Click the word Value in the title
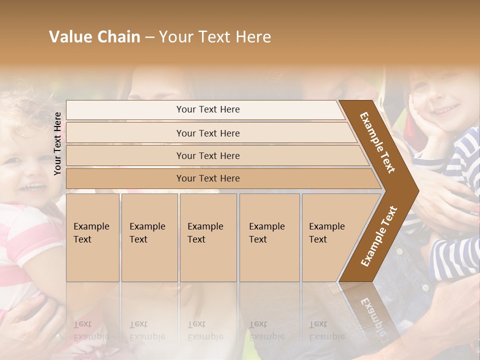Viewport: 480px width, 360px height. point(69,37)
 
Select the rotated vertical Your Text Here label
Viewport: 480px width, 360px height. point(57,143)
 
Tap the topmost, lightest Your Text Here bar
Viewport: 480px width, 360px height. point(207,109)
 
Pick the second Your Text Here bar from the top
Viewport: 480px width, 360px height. point(207,133)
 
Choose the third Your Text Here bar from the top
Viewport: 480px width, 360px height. point(207,155)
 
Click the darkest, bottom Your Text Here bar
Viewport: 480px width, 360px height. point(207,178)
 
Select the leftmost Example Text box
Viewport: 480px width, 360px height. point(92,237)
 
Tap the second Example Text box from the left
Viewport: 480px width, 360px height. point(149,237)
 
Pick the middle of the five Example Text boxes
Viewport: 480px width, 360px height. point(207,237)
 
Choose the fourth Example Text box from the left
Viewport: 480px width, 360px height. point(269,237)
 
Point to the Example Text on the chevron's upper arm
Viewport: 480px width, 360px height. point(377,142)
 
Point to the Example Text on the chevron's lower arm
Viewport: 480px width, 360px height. point(379,236)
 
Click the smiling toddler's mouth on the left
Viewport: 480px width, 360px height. point(32,187)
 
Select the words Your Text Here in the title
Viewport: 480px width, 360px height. point(215,37)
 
